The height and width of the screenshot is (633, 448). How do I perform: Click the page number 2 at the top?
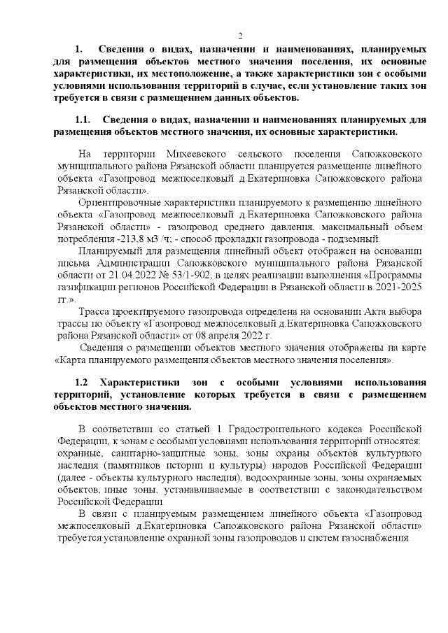[239, 36]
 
